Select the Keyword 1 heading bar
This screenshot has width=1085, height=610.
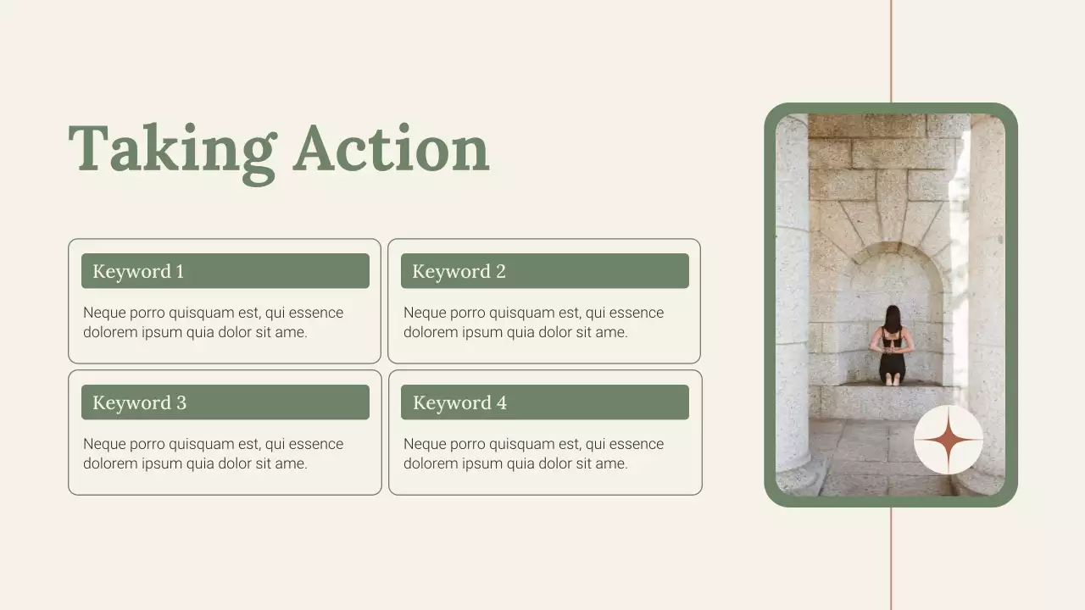click(x=225, y=271)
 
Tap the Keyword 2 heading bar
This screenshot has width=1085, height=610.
click(x=544, y=271)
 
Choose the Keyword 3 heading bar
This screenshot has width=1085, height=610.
click(x=225, y=402)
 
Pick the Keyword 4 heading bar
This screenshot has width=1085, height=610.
click(x=544, y=402)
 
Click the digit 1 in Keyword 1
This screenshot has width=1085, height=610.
click(x=180, y=272)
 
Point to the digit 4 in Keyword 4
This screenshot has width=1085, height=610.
click(x=502, y=403)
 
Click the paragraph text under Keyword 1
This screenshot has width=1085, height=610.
click(x=213, y=323)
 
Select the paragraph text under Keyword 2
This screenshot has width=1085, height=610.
click(x=533, y=323)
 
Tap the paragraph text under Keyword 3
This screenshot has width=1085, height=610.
click(x=213, y=454)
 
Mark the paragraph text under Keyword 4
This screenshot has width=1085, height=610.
click(x=533, y=454)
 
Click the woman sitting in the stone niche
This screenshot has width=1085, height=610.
click(x=891, y=347)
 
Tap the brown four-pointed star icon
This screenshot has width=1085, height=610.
click(x=948, y=441)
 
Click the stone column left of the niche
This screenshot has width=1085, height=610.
click(x=793, y=297)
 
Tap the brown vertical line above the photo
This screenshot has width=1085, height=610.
click(x=891, y=51)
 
